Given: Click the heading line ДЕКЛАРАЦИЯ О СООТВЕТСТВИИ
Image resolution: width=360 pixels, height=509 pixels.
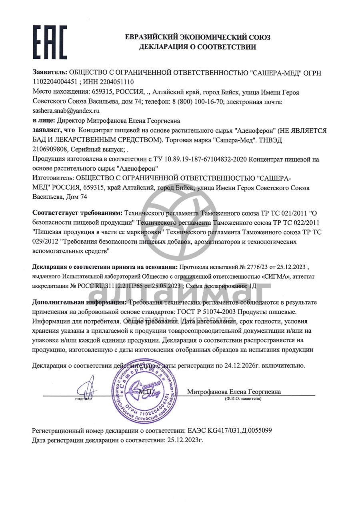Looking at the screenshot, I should [198, 47].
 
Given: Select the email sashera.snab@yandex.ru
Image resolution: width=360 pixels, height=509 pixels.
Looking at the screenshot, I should [66, 111].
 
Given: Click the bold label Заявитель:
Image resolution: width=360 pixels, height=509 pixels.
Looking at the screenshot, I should [50, 73].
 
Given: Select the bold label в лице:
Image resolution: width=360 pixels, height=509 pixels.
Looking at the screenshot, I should [44, 120].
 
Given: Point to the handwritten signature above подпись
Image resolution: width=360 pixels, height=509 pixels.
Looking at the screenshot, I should [84, 389].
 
